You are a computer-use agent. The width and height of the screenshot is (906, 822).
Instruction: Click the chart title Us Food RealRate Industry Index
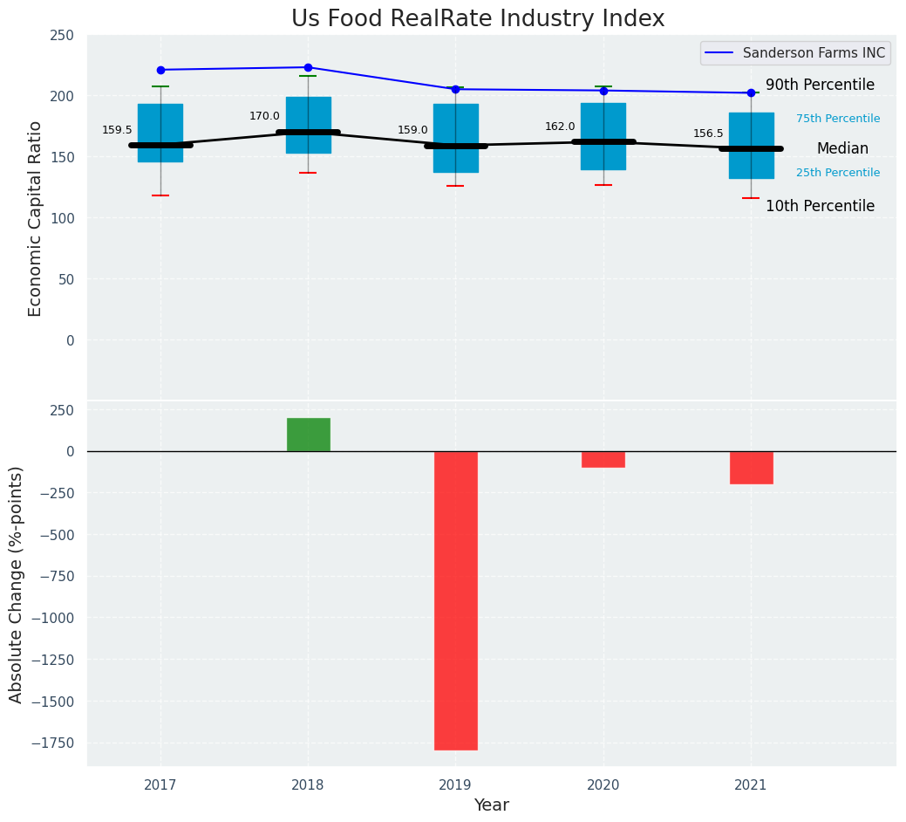[477, 19]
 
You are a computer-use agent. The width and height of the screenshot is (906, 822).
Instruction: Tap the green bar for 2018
[308, 435]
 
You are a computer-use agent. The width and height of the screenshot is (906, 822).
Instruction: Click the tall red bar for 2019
[455, 600]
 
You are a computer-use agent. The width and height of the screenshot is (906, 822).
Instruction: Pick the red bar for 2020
[603, 459]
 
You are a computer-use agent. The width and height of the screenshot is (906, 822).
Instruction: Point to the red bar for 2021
[751, 468]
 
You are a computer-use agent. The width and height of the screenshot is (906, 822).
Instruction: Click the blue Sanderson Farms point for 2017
[160, 70]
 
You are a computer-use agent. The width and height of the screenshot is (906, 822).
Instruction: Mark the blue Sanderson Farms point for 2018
[308, 67]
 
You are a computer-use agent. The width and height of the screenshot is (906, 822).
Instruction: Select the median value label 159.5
[117, 130]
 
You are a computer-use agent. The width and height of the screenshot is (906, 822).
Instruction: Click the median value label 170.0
[264, 116]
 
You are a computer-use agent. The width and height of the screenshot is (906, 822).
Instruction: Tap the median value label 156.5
[708, 134]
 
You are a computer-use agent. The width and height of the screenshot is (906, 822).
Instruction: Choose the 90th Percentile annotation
[820, 86]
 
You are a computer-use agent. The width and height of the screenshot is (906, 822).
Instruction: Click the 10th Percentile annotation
[820, 207]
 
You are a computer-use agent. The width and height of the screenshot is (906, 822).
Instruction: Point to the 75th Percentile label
[837, 119]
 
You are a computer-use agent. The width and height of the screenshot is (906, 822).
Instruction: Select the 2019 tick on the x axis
[455, 785]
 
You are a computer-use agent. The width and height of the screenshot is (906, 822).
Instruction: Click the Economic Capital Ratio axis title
[36, 218]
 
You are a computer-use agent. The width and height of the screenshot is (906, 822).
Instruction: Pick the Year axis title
[491, 805]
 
